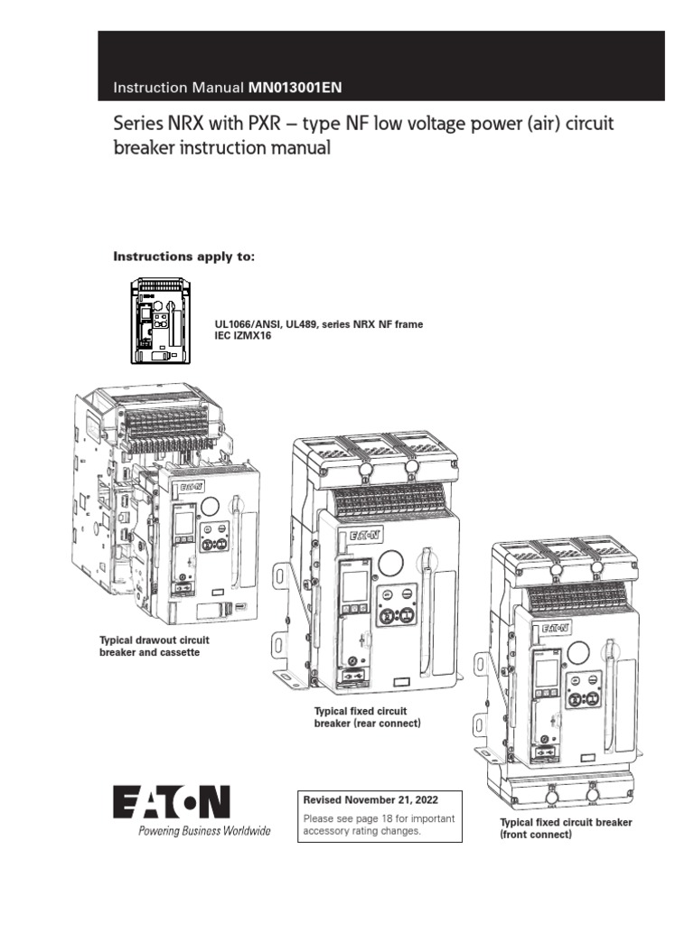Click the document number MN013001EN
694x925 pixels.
pos(295,89)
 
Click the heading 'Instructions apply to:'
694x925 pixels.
pos(183,257)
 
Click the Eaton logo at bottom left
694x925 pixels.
pos(172,803)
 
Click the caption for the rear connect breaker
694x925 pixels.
pos(367,718)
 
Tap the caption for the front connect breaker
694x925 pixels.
pos(566,828)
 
